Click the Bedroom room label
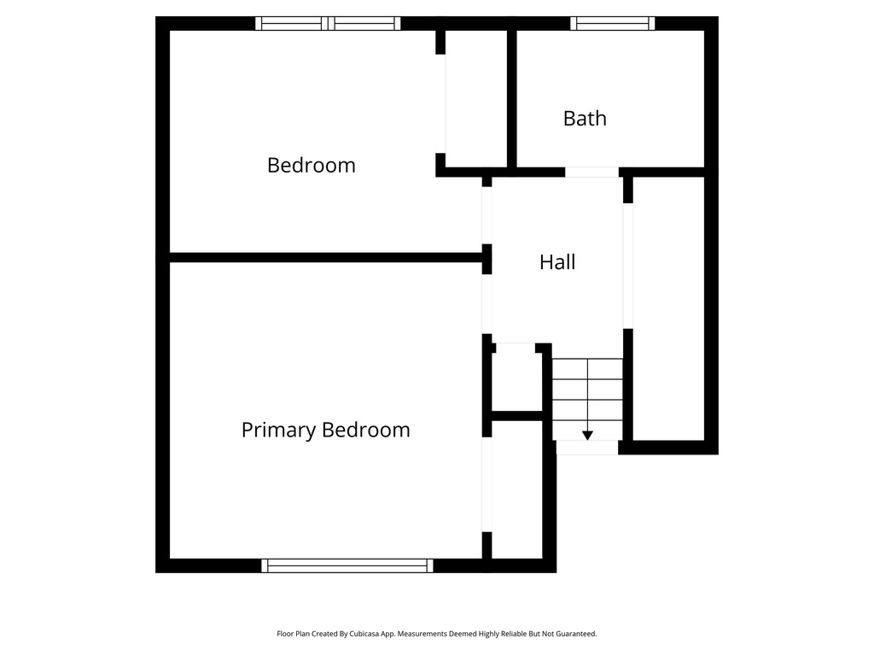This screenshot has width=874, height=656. click(311, 165)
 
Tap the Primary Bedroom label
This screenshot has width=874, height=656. click(325, 430)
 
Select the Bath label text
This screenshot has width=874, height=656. click(585, 119)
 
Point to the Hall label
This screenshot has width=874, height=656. click(557, 262)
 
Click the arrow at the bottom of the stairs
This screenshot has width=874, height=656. click(587, 435)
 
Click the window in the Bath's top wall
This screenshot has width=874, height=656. click(612, 23)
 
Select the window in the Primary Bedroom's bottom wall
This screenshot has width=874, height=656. click(347, 565)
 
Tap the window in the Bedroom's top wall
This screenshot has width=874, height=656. click(329, 23)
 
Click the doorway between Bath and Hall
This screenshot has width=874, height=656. click(591, 172)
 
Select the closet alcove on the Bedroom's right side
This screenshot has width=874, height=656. click(476, 98)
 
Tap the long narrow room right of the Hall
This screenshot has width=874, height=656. click(668, 307)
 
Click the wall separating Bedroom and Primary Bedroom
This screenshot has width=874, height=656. click(324, 257)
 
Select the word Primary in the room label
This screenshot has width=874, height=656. click(277, 430)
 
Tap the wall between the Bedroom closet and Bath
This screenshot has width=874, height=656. click(512, 98)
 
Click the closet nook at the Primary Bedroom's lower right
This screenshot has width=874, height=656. click(517, 489)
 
